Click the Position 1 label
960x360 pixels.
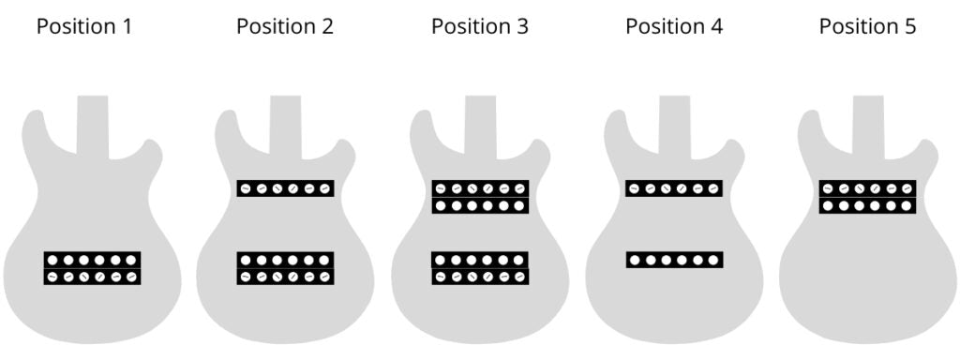(83, 26)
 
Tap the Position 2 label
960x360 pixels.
(284, 26)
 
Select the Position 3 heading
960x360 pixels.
(479, 26)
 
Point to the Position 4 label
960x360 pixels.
(673, 26)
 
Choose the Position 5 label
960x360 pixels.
(867, 26)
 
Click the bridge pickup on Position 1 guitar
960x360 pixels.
(92, 268)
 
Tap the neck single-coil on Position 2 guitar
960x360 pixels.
(285, 188)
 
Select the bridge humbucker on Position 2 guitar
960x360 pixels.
(285, 268)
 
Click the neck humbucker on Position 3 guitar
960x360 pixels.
(480, 197)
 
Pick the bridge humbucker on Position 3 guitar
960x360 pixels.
(480, 268)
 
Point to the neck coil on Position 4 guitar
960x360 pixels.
(673, 188)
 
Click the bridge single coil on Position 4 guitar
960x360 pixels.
(674, 260)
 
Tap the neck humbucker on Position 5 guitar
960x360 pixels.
(867, 197)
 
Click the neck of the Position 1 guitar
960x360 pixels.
(92, 122)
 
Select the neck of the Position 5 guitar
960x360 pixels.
(868, 122)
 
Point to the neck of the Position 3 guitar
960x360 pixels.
(480, 122)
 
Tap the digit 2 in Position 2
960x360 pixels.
(327, 26)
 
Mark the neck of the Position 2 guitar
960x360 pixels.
(285, 122)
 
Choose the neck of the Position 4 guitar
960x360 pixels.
(674, 122)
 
